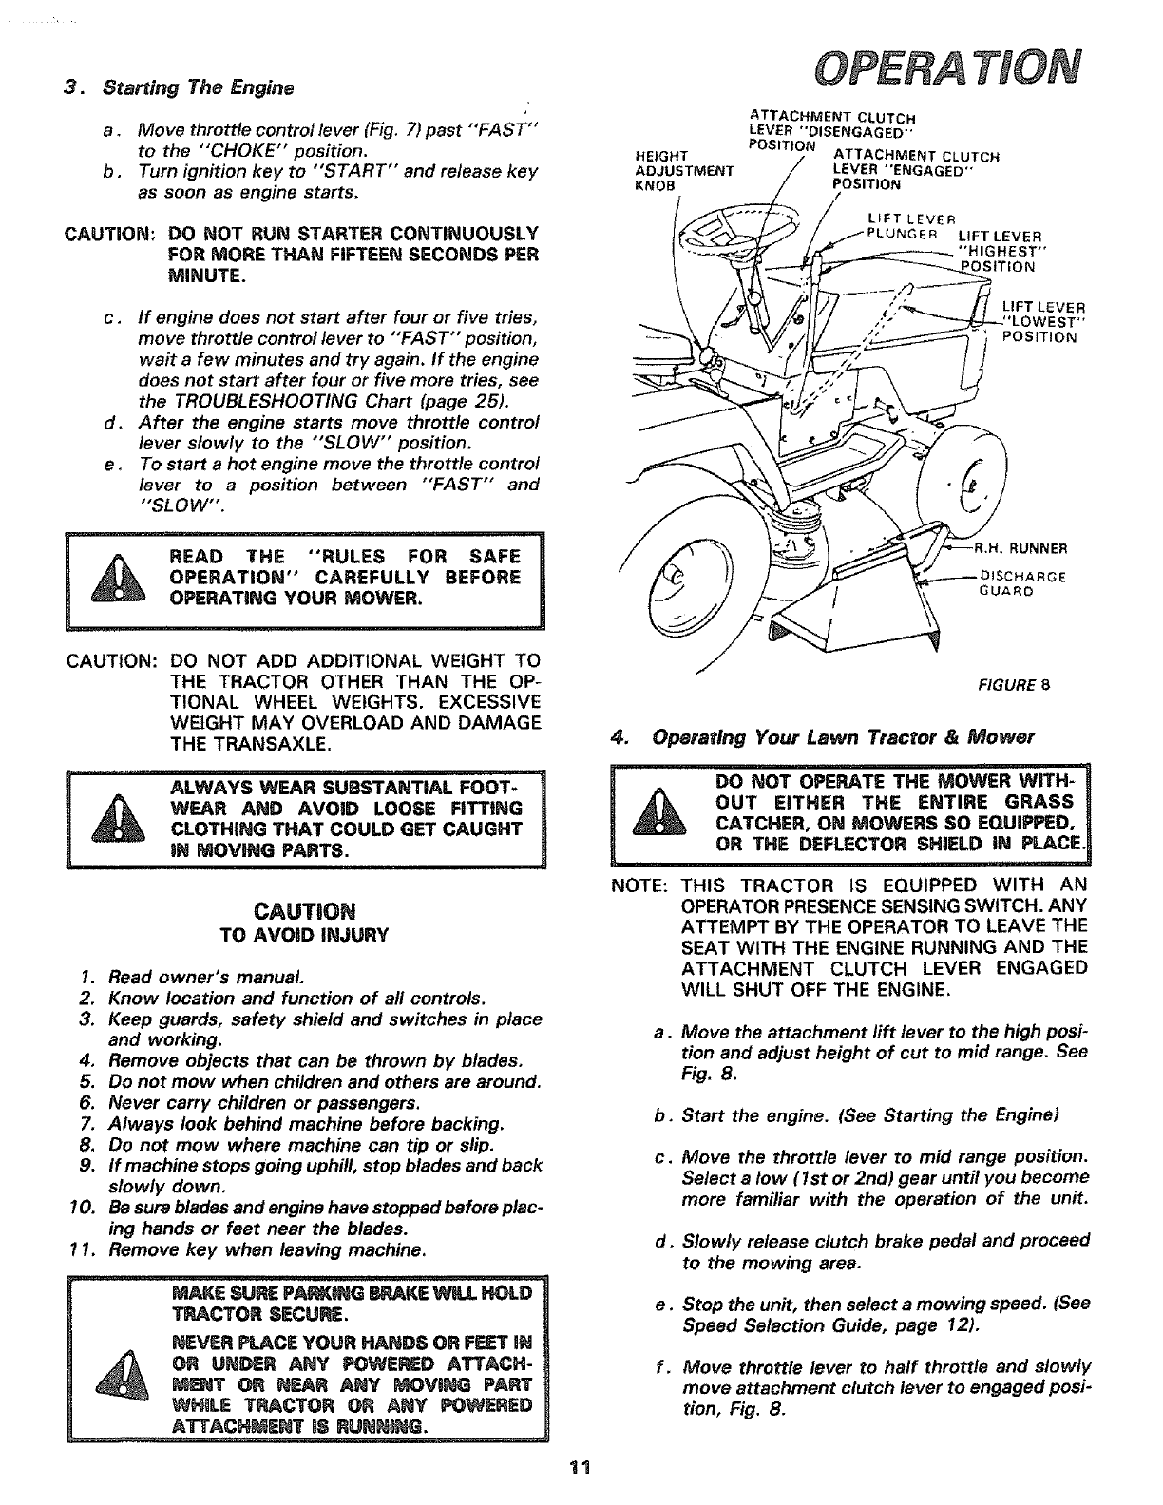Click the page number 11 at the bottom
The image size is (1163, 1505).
pyautogui.click(x=581, y=1466)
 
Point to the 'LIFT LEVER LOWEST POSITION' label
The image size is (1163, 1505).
pyautogui.click(x=1041, y=321)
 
